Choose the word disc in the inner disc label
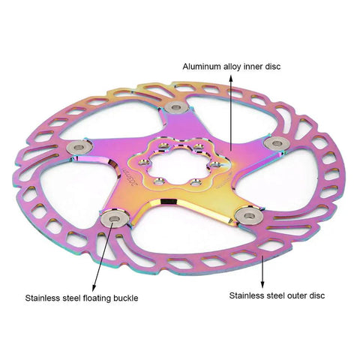(273, 67)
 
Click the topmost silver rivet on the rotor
(177, 107)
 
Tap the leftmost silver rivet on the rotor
(79, 147)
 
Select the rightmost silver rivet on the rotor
(277, 143)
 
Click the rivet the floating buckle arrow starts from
(115, 219)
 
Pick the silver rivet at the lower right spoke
(249, 215)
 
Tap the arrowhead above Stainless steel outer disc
(262, 284)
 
